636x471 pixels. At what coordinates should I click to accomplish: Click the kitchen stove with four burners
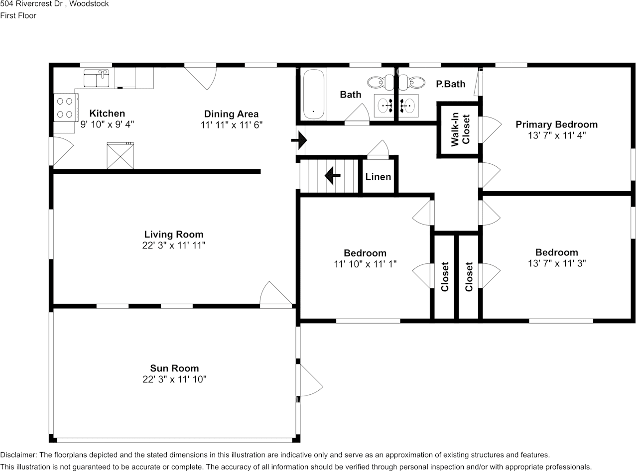[x=65, y=108]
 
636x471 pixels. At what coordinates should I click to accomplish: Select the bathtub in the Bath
[x=314, y=94]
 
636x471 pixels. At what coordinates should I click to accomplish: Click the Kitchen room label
[x=107, y=114]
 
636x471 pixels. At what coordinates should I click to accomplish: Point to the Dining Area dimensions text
[x=231, y=125]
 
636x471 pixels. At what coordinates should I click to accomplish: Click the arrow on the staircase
[x=332, y=176]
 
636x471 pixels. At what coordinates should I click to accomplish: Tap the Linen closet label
[x=378, y=177]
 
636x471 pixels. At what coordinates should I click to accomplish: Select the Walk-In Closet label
[x=460, y=130]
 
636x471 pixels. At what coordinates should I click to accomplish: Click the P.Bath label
[x=450, y=84]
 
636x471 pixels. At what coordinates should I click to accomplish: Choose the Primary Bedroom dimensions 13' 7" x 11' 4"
[x=556, y=135]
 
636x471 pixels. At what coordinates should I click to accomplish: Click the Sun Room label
[x=174, y=368]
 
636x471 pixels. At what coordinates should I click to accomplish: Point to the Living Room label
[x=173, y=234]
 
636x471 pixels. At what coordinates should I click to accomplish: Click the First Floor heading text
[x=18, y=15]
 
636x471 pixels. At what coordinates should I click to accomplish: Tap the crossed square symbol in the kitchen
[x=120, y=156]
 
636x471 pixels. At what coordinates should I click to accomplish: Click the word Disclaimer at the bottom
[x=18, y=455]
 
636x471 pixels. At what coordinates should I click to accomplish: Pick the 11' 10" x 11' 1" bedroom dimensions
[x=365, y=264]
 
